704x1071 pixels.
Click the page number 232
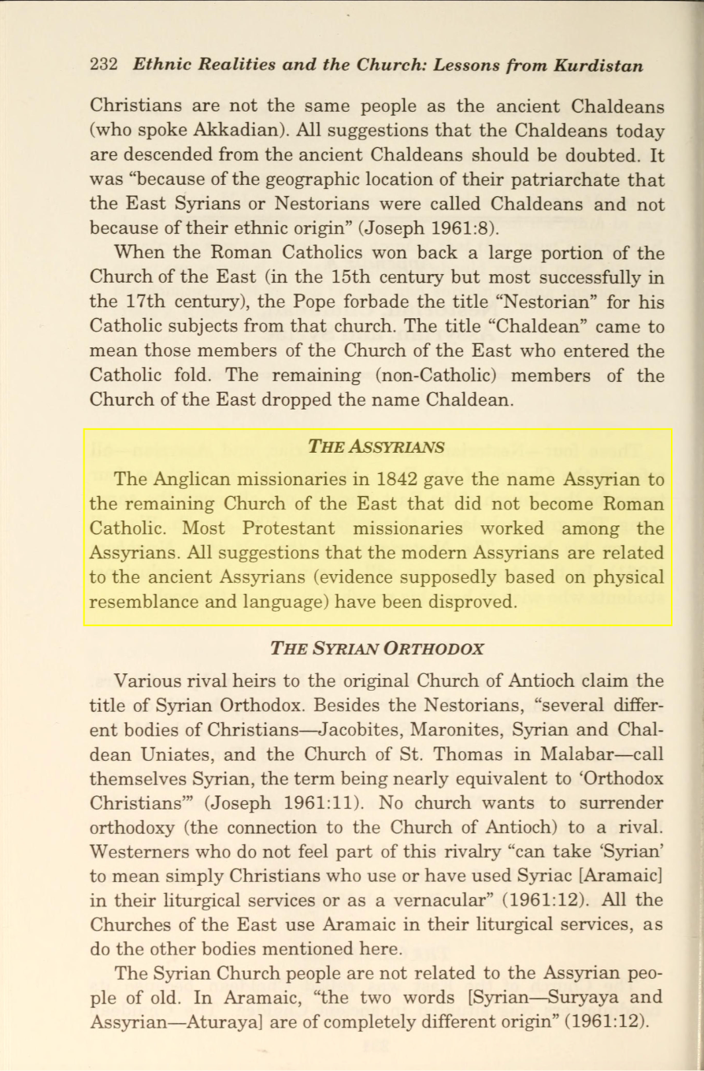104,65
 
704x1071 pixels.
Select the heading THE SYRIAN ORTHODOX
376,649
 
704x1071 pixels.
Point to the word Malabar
580,754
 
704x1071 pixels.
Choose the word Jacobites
345,729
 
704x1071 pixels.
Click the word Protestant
289,528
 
